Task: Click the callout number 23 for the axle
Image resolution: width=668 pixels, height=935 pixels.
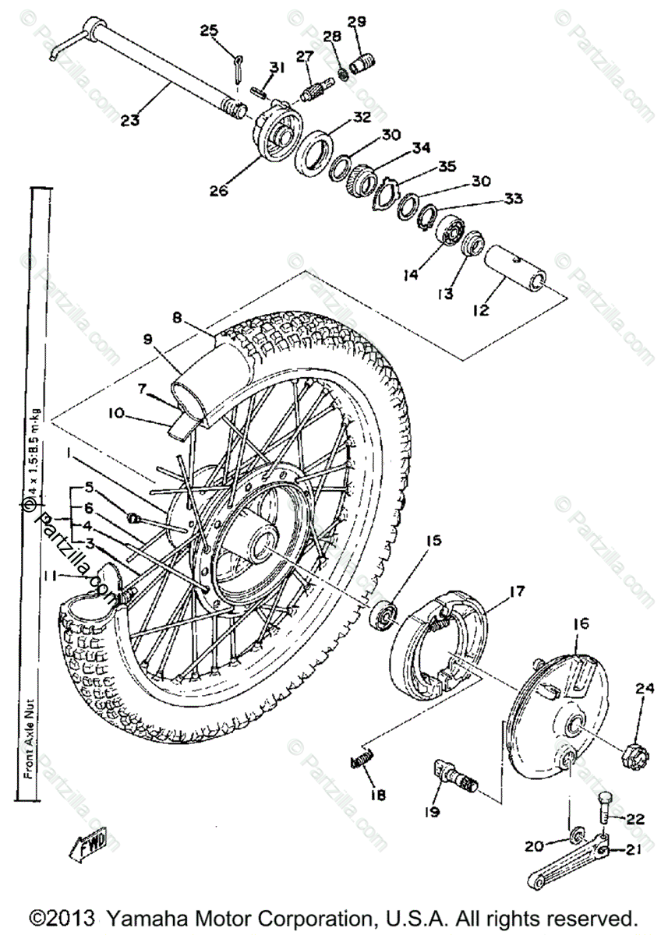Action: coord(131,120)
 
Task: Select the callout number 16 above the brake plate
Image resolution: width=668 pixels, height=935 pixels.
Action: coord(581,624)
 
